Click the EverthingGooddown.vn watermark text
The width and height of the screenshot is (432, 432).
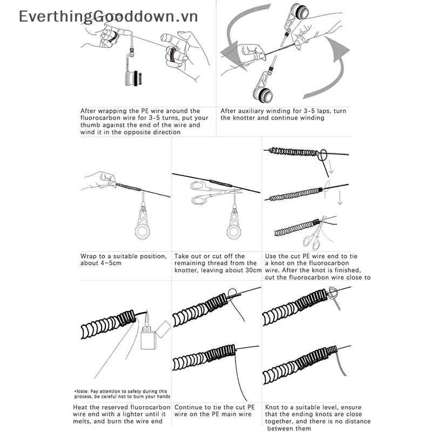108,16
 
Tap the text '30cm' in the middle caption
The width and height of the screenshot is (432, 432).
252,271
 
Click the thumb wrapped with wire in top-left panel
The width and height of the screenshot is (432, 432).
172,52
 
